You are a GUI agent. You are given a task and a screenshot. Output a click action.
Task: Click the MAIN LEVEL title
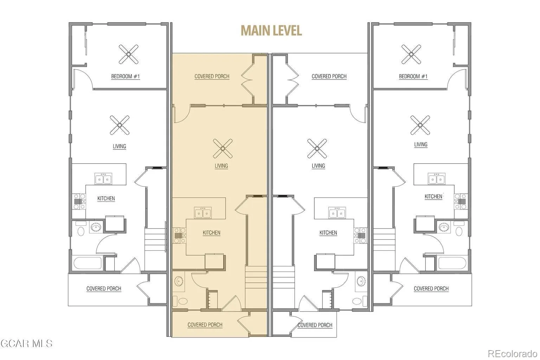[x=271, y=31]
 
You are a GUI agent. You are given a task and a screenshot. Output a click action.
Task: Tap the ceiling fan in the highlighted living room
[x=223, y=148]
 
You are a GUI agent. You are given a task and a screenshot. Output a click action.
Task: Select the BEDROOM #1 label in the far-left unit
[x=126, y=76]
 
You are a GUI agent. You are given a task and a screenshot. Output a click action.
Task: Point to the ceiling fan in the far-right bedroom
[x=411, y=54]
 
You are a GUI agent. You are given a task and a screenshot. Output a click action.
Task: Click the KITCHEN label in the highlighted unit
[x=211, y=233]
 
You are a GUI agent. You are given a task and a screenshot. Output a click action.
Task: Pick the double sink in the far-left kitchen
[x=103, y=179]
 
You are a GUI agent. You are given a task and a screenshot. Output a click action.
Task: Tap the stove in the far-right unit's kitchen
[x=461, y=201]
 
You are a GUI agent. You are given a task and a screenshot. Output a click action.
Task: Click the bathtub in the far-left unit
[x=88, y=263]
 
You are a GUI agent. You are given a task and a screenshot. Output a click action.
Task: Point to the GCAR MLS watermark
[x=26, y=343]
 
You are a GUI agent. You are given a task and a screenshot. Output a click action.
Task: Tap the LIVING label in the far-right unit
[x=421, y=144]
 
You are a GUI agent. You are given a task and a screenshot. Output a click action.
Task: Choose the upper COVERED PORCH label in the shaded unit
[x=212, y=76]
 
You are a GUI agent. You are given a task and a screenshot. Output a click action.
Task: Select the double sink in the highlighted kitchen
[x=203, y=213]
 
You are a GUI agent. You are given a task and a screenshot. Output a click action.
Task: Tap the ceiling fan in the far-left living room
[x=120, y=125]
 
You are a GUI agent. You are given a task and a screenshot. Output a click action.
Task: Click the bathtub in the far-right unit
[x=452, y=263]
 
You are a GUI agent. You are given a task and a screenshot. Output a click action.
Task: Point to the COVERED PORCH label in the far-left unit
[x=104, y=289]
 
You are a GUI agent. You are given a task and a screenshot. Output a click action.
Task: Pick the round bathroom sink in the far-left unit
[x=96, y=227]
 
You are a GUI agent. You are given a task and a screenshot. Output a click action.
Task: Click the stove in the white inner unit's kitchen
[x=360, y=235]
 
